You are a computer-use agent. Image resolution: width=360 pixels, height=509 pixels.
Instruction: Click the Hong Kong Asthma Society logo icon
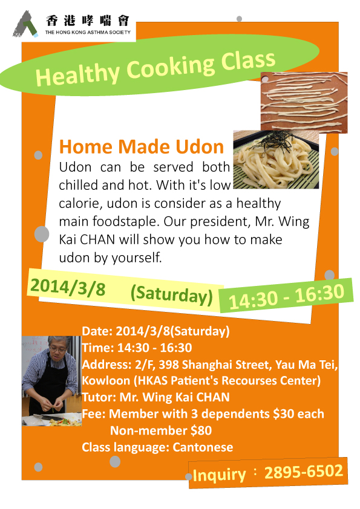coord(25,24)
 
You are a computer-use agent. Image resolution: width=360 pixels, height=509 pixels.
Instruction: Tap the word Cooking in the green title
coord(170,67)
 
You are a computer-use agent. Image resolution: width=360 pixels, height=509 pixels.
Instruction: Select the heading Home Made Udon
coord(142,147)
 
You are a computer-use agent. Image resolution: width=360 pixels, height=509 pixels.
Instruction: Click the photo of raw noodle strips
coord(304,103)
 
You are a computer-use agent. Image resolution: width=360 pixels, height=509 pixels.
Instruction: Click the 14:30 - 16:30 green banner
coord(286,295)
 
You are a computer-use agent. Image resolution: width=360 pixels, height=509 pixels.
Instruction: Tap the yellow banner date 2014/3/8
coord(68,287)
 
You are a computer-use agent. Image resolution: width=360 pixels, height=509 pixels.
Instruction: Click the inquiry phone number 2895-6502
coord(304,472)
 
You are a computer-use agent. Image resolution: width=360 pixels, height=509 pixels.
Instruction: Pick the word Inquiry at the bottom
coord(219,475)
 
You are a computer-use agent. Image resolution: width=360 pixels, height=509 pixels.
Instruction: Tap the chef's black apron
coord(51,383)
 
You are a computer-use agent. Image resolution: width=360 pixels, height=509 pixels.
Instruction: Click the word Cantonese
coord(203,447)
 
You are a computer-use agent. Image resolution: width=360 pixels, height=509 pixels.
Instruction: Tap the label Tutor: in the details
coord(99,397)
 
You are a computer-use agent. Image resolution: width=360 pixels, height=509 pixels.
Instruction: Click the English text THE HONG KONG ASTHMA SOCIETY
coord(88,32)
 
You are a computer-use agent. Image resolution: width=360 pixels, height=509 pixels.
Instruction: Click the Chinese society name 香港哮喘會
coord(88,21)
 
